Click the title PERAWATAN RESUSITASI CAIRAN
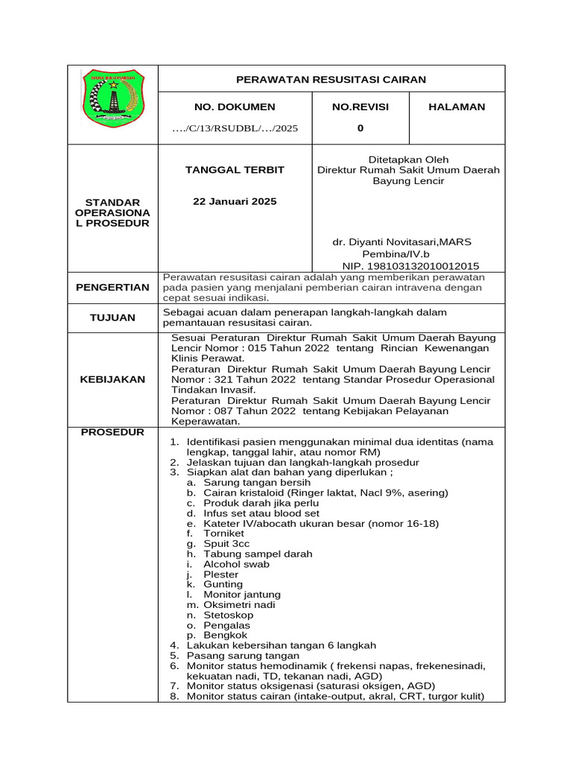pos(331,79)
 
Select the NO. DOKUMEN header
pos(235,107)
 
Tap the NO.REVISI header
pos(360,107)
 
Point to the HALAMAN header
pos(457,107)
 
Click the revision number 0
pos(360,128)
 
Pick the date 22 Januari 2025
pos(235,202)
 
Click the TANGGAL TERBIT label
pos(235,170)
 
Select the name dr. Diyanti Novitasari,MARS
pos(401,242)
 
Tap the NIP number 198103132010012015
pos(410,266)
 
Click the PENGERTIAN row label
pos(112,288)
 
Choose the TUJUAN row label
pos(112,317)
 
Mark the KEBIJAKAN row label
pos(112,379)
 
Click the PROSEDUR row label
pos(112,432)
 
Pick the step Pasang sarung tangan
pos(237,655)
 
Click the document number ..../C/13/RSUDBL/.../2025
pos(235,128)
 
